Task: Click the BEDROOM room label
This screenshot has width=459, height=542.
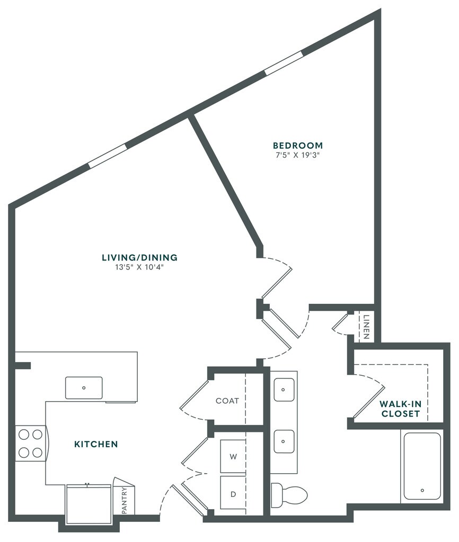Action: (x=297, y=146)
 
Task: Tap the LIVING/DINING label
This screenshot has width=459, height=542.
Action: (x=139, y=258)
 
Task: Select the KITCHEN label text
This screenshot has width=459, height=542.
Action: (x=96, y=444)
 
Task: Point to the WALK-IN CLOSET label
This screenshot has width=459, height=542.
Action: (x=401, y=409)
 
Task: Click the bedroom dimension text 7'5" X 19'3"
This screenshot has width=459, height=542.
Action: (x=297, y=156)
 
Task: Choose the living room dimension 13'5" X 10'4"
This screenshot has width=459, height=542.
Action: (x=139, y=267)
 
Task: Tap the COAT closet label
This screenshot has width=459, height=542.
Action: (x=227, y=401)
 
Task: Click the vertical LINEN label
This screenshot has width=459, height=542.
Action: (x=366, y=328)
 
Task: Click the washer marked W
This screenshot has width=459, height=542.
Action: (x=233, y=456)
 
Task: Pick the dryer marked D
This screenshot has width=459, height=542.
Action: (x=233, y=494)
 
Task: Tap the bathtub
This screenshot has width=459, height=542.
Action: (x=422, y=466)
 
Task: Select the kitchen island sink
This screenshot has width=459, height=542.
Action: (x=84, y=388)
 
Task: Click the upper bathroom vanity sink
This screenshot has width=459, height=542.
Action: (x=284, y=390)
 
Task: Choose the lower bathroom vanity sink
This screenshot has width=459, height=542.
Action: (x=284, y=440)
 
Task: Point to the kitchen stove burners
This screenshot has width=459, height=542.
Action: (x=30, y=444)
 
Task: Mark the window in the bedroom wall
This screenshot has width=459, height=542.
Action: (x=284, y=63)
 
